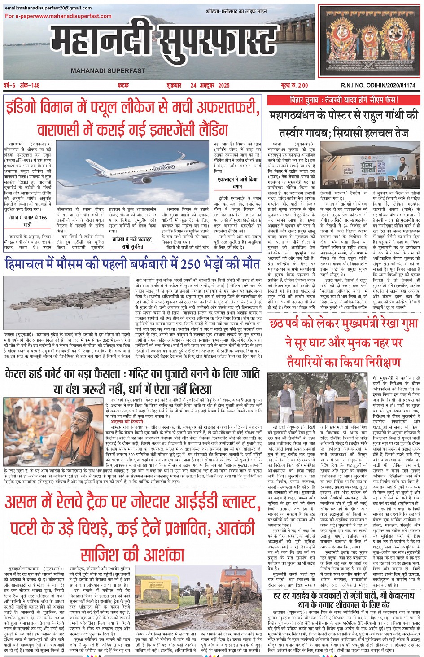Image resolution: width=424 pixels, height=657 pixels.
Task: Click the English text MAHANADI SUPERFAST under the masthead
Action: click(x=108, y=70)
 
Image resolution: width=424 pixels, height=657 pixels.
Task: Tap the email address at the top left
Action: click(x=48, y=8)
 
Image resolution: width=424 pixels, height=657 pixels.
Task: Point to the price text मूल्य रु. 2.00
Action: click(x=294, y=85)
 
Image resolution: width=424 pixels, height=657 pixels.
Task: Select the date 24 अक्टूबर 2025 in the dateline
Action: click(x=210, y=85)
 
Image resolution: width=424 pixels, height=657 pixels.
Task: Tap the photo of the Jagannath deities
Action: click(x=369, y=41)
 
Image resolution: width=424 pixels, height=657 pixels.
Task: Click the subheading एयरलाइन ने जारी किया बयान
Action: click(x=237, y=183)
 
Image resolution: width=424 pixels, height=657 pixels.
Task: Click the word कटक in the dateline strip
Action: click(x=123, y=85)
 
